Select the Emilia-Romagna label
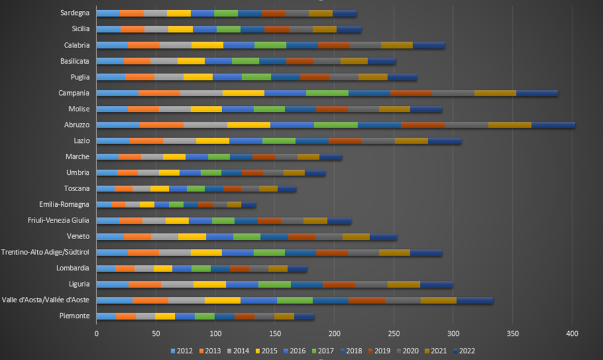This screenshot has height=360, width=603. click(x=64, y=204)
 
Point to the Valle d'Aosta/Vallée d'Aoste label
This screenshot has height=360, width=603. click(x=46, y=300)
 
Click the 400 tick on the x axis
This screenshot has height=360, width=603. click(x=572, y=332)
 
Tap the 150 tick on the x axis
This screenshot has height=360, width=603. click(x=274, y=332)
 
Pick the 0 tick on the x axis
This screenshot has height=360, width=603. click(x=96, y=332)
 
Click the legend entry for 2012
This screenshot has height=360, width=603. click(x=181, y=351)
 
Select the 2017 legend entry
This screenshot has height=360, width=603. click(x=324, y=351)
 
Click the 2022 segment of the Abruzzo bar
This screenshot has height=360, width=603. click(x=553, y=125)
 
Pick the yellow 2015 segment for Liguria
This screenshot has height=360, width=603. click(x=210, y=284)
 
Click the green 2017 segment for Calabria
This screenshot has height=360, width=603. click(x=270, y=45)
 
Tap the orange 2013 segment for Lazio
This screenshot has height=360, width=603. click(x=146, y=141)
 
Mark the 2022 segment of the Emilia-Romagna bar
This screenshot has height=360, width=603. click(x=248, y=204)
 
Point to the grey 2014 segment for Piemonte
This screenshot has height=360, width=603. click(x=145, y=316)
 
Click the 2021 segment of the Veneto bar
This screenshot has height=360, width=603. click(x=356, y=236)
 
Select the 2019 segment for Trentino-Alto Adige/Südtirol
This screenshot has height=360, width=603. click(x=332, y=252)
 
